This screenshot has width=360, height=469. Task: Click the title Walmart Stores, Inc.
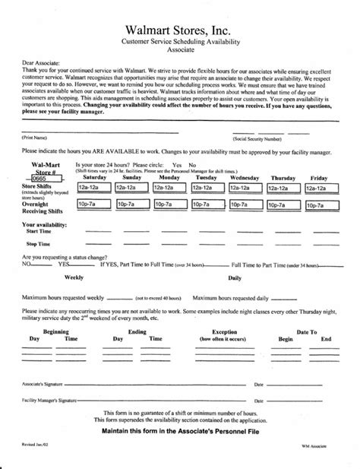click(180, 28)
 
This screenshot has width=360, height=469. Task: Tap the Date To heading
click(306, 332)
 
